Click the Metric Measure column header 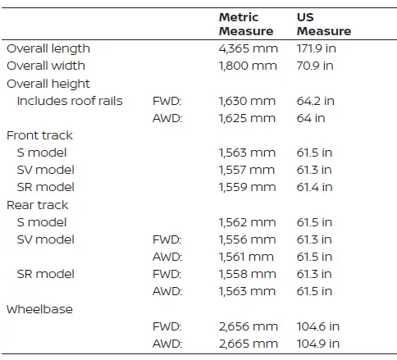click(246, 24)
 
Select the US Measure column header click(324, 24)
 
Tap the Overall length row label click(48, 49)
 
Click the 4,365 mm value click(249, 48)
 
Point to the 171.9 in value click(317, 48)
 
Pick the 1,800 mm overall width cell click(248, 66)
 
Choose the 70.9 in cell click(315, 66)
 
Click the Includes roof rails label click(70, 101)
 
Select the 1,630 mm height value click(247, 101)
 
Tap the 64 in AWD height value click(311, 118)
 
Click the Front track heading click(39, 135)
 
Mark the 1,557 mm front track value click(247, 170)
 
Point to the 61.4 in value click(315, 187)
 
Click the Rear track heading click(38, 205)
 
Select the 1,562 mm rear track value click(247, 222)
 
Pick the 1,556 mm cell click(247, 239)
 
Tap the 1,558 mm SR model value click(247, 274)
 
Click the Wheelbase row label click(39, 309)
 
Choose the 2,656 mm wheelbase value click(249, 326)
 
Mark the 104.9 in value click(318, 344)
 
